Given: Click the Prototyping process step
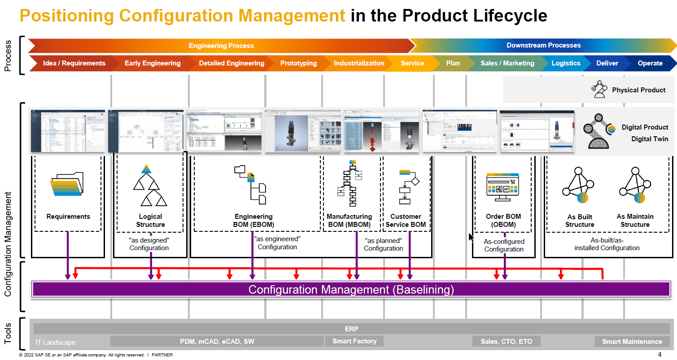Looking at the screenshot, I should click(x=298, y=63).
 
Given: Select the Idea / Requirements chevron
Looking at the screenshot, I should click(x=74, y=63).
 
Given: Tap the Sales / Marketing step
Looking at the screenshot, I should click(x=507, y=63).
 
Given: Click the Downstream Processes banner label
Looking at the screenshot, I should click(x=543, y=45).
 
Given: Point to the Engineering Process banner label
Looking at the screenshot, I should click(x=221, y=46).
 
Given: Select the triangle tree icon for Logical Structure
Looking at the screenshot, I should click(x=150, y=185).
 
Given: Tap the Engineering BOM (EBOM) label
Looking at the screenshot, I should click(x=253, y=221).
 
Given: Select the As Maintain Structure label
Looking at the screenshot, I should click(x=635, y=221).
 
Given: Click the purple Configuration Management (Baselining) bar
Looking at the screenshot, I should click(x=351, y=290).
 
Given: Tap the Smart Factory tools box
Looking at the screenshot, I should click(x=354, y=341).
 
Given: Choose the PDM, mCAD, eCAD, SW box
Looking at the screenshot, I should click(x=217, y=342).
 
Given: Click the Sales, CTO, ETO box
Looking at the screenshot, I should click(x=506, y=342).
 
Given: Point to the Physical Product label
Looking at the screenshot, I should click(x=638, y=90).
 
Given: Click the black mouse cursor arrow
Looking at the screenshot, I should click(x=471, y=237).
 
